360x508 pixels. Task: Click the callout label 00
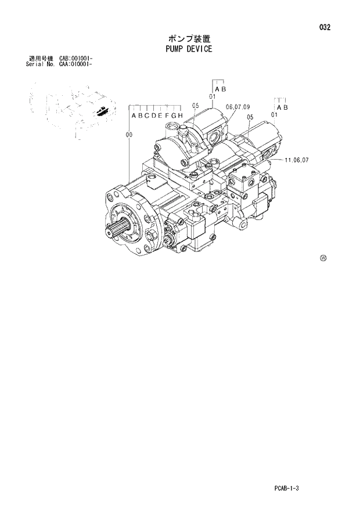128,135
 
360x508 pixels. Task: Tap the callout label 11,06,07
296,159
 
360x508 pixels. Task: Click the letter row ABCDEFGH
157,116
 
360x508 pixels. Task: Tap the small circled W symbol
323,258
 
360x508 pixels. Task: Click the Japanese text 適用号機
41,59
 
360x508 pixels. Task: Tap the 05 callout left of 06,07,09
195,106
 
